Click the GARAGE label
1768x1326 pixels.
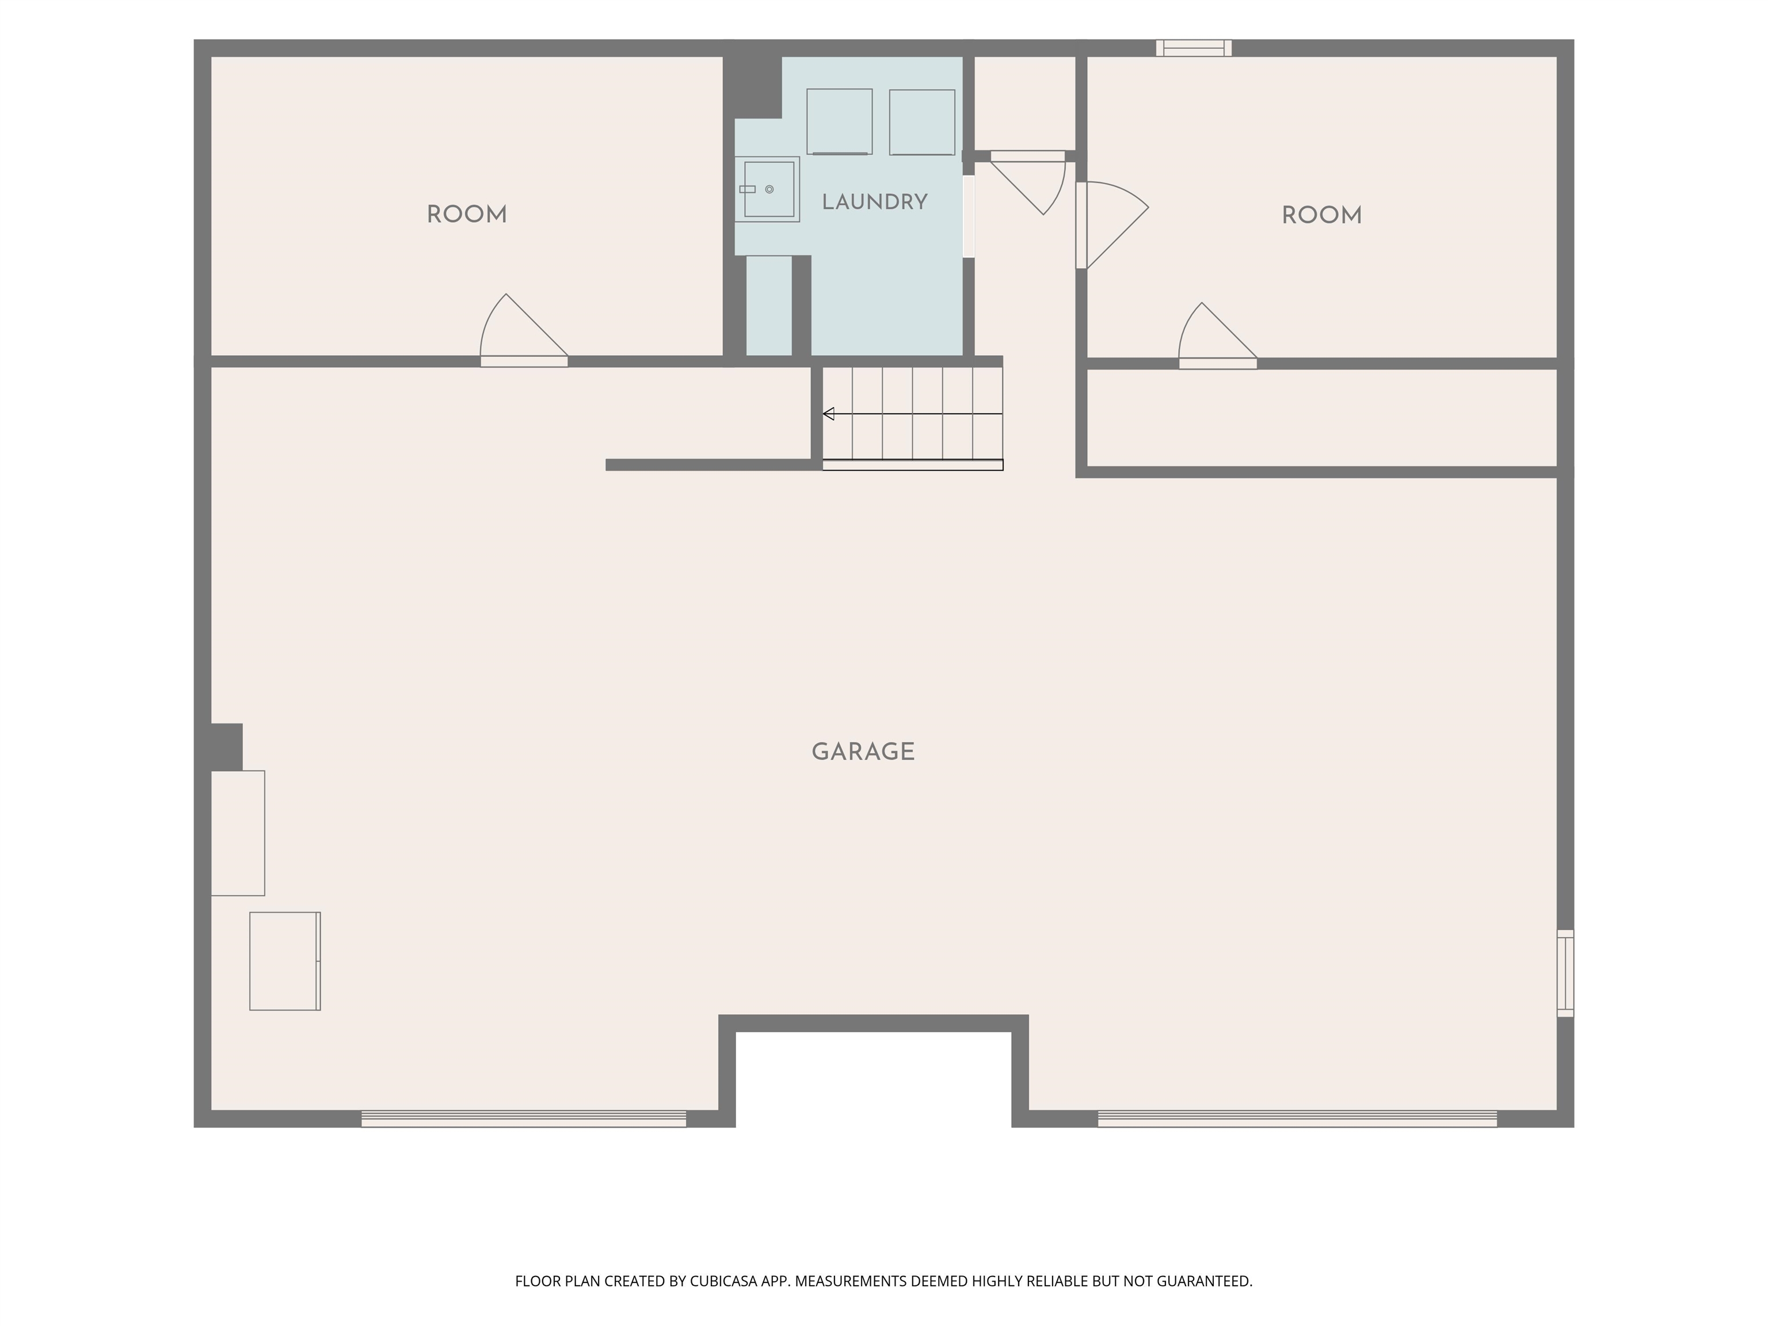[x=863, y=752]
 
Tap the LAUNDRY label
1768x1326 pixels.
[x=874, y=202]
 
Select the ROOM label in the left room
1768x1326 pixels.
[x=467, y=215]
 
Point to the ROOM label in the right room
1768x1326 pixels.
[x=1322, y=216]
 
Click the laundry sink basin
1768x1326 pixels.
[x=769, y=189]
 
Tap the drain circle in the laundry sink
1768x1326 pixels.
[x=769, y=189]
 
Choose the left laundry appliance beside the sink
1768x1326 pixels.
[x=839, y=121]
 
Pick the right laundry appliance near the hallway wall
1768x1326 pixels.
[x=923, y=122]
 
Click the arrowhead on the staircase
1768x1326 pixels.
[x=829, y=414]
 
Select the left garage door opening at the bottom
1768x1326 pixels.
[x=524, y=1119]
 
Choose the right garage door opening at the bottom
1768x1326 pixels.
[x=1297, y=1119]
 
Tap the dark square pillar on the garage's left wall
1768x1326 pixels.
[x=226, y=746]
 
